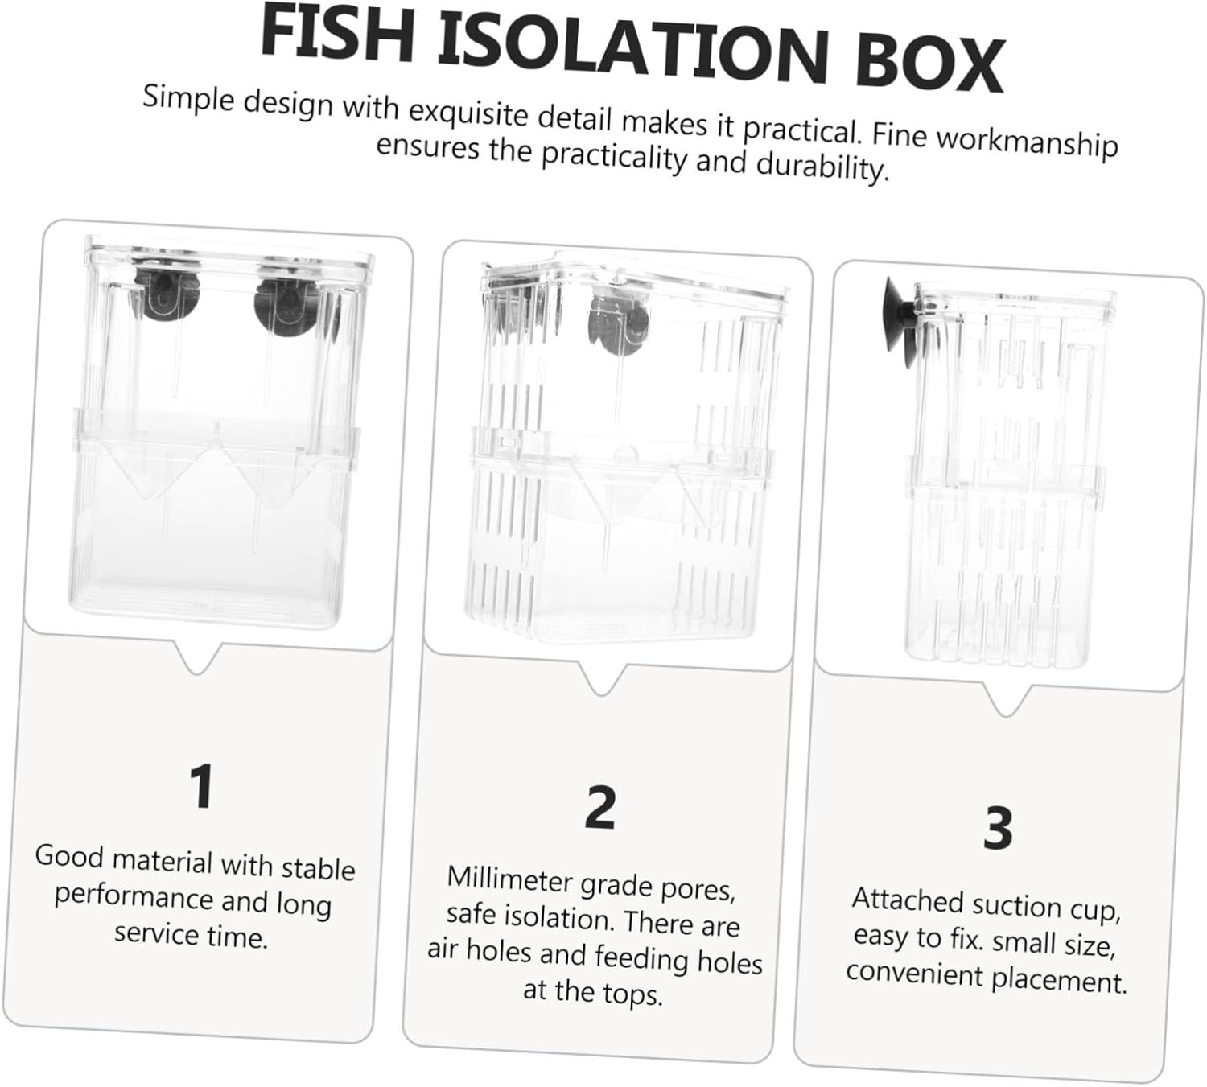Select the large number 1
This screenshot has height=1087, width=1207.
click(x=202, y=786)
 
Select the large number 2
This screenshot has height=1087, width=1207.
click(x=600, y=807)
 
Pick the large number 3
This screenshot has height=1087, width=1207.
click(x=998, y=828)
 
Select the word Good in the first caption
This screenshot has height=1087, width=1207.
click(x=69, y=855)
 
